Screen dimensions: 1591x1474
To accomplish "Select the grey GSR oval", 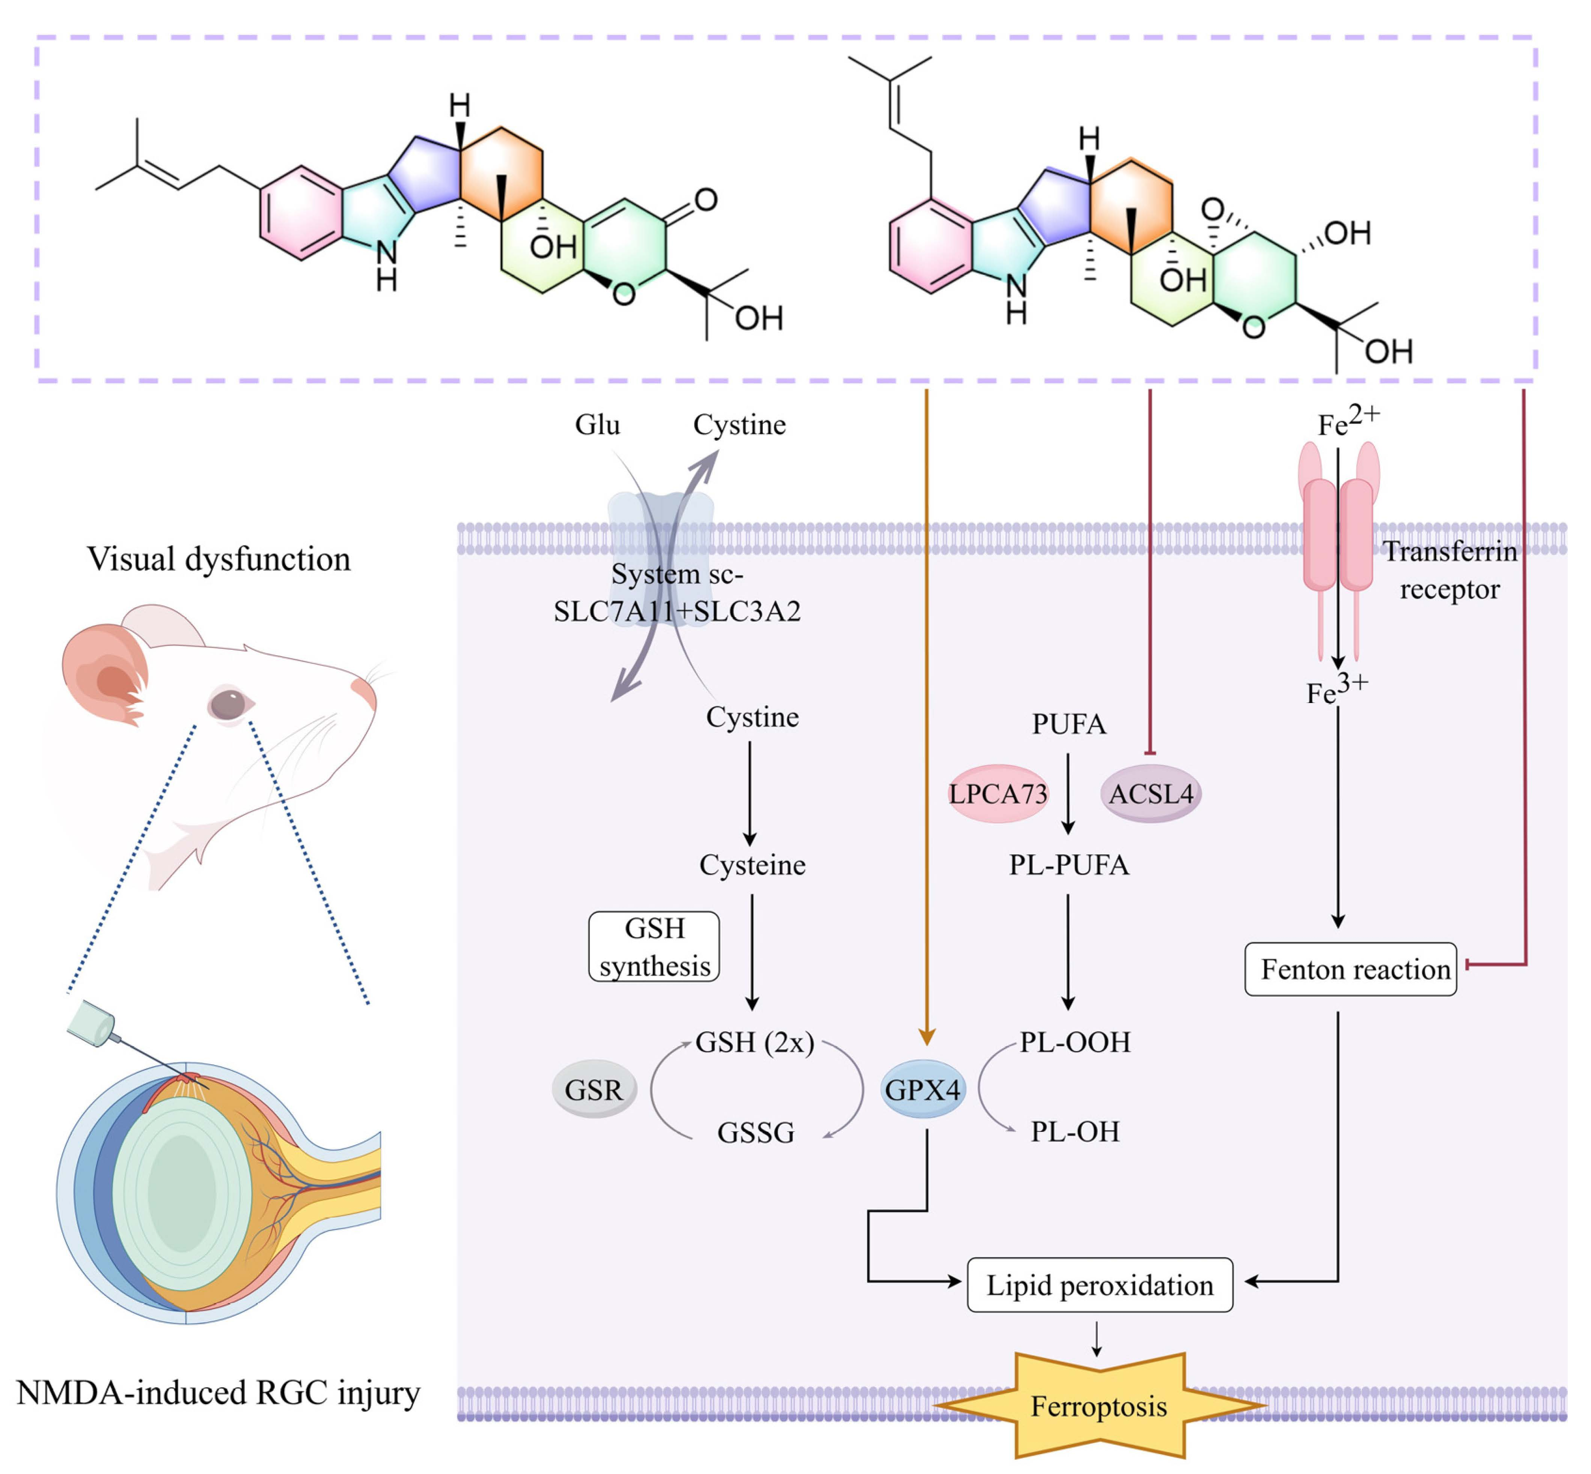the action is [594, 1089].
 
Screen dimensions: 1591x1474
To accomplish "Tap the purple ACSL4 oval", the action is [1151, 794].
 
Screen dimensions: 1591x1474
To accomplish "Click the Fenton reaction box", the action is [1351, 969].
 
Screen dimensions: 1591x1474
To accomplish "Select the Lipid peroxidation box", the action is [1100, 1285].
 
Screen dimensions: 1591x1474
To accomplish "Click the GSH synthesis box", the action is [654, 947].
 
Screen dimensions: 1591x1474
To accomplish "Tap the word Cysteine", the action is [752, 864].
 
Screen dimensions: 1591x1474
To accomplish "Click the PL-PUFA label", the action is [1069, 864].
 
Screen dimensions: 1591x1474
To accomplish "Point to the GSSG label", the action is [756, 1133].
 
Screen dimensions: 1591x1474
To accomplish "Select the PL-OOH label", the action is [1075, 1042].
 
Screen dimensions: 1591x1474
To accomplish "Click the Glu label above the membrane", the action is [597, 424].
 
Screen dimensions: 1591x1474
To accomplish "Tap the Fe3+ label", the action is [1336, 689].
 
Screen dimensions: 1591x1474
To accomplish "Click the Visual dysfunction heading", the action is [218, 558].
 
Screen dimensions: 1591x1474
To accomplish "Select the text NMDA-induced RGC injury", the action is [218, 1392].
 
